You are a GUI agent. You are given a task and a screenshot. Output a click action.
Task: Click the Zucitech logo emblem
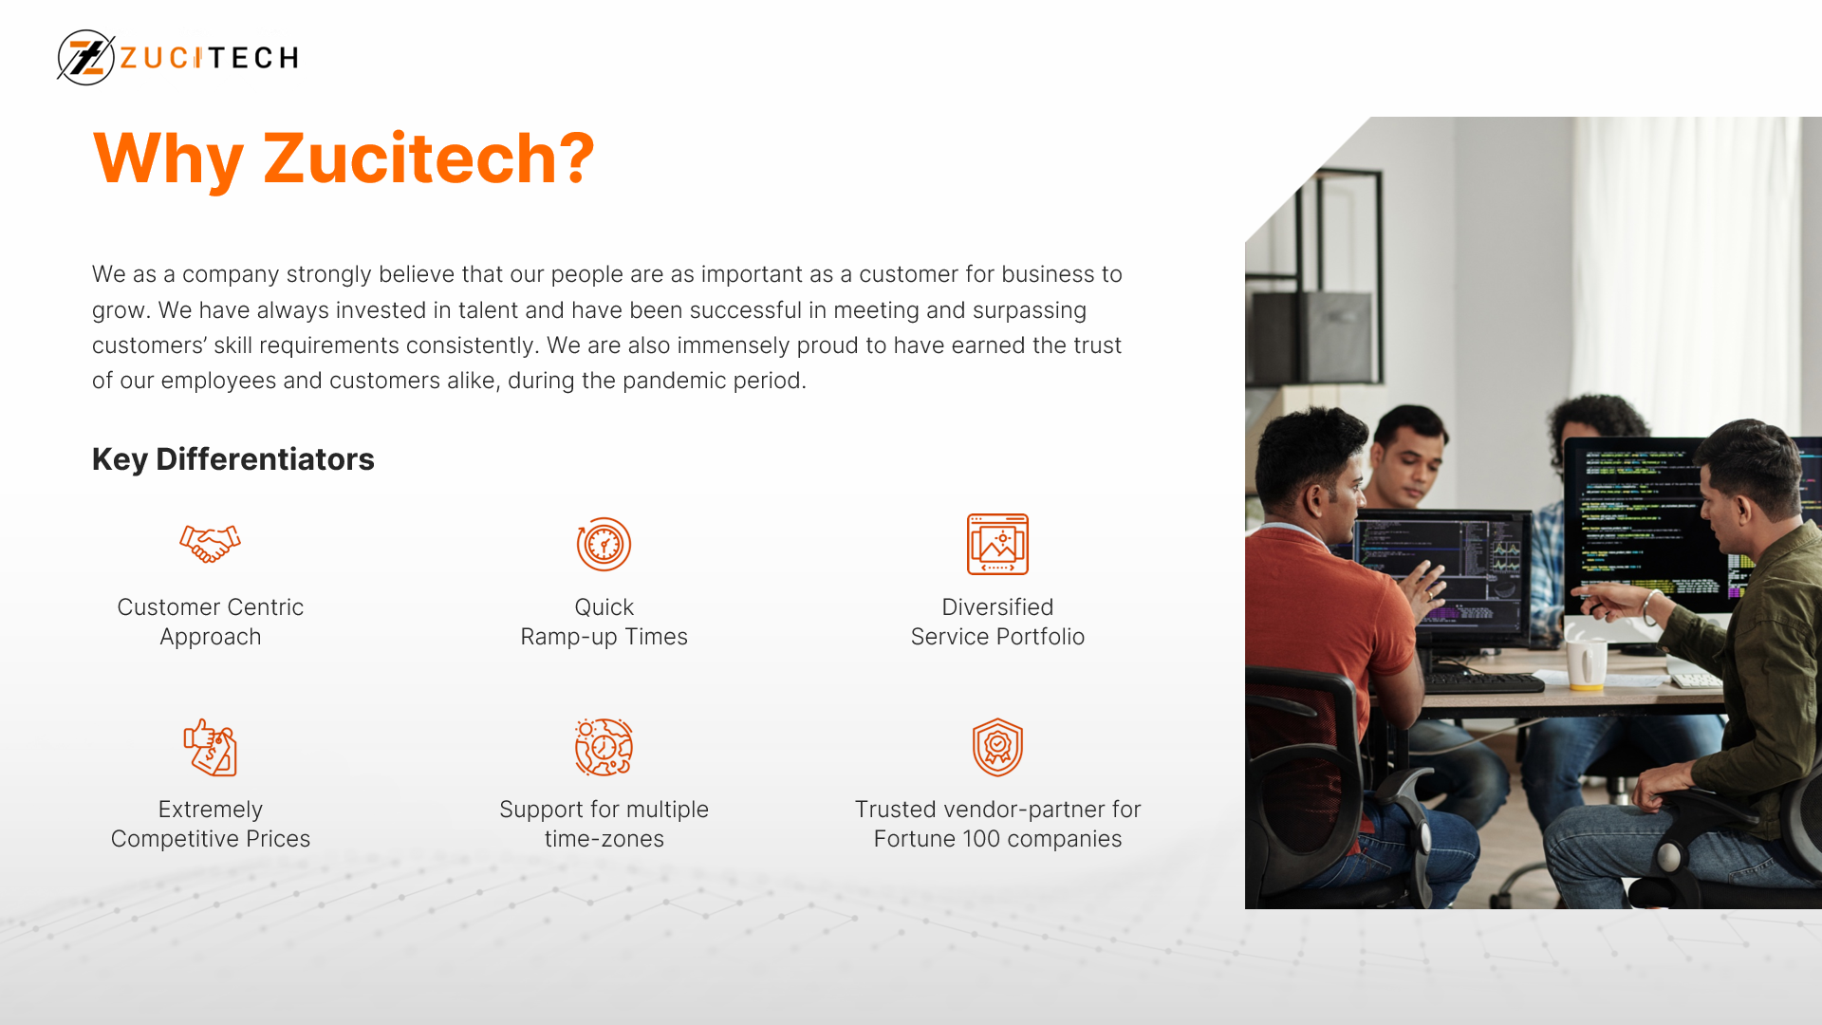pyautogui.click(x=86, y=57)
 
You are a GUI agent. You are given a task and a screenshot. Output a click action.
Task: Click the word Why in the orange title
pyautogui.click(x=169, y=158)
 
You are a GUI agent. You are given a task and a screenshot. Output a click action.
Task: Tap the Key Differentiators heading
pyautogui.click(x=233, y=459)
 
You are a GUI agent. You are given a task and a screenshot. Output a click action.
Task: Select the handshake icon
pyautogui.click(x=210, y=544)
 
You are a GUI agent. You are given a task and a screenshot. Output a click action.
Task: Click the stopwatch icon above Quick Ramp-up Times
pyautogui.click(x=604, y=544)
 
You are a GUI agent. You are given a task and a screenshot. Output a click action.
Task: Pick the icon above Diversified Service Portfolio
pyautogui.click(x=997, y=544)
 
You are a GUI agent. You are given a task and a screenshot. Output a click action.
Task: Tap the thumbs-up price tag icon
pyautogui.click(x=210, y=747)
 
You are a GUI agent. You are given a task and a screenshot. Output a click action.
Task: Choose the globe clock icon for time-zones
pyautogui.click(x=604, y=747)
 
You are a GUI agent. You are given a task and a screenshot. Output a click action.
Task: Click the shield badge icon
pyautogui.click(x=997, y=747)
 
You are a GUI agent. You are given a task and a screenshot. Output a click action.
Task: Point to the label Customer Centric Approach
pyautogui.click(x=211, y=622)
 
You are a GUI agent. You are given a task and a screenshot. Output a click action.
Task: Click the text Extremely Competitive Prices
pyautogui.click(x=211, y=824)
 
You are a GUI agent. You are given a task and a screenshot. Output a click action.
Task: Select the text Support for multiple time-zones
pyautogui.click(x=604, y=824)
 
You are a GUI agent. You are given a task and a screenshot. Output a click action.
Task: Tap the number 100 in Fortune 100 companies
pyautogui.click(x=982, y=839)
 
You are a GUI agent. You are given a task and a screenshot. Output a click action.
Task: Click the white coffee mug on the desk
pyautogui.click(x=1586, y=662)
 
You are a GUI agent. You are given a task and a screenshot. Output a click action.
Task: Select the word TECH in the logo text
pyautogui.click(x=251, y=58)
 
